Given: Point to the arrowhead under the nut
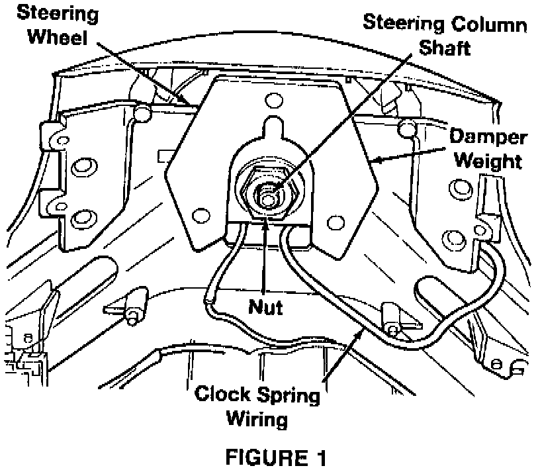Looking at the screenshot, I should pos(266,227).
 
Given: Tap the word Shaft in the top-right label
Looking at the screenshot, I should pos(445,48).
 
